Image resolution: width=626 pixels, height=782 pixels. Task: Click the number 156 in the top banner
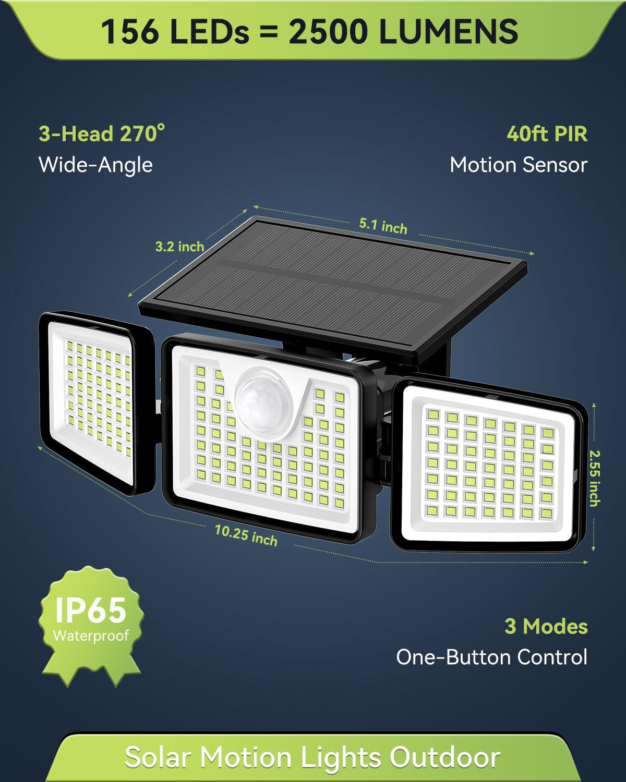click(x=130, y=32)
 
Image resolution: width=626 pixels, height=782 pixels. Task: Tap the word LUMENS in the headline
click(x=449, y=32)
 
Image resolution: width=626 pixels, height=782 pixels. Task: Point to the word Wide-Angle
click(x=95, y=165)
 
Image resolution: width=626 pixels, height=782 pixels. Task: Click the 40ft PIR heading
click(x=547, y=134)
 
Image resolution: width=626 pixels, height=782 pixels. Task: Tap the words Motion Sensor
click(x=519, y=165)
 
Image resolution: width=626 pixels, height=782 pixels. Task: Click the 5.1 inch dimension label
click(x=383, y=226)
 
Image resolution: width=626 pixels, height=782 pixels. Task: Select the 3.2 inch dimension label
click(x=179, y=247)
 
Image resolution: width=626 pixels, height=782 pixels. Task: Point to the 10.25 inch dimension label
click(x=246, y=535)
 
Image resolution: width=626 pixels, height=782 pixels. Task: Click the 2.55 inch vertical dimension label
click(x=594, y=478)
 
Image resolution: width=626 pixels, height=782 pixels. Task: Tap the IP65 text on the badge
click(x=91, y=610)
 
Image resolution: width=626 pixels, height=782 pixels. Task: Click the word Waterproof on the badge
click(x=91, y=635)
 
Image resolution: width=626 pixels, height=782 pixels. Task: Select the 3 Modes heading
click(x=546, y=626)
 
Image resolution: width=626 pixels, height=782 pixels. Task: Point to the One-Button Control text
click(x=492, y=657)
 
